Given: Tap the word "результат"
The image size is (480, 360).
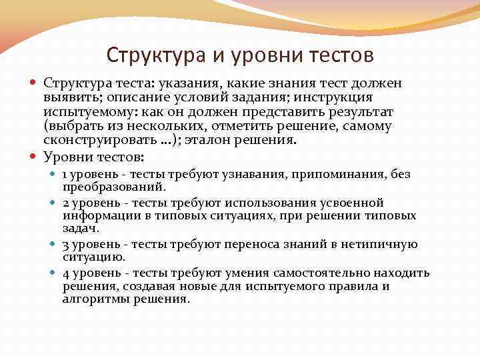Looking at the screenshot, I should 356,113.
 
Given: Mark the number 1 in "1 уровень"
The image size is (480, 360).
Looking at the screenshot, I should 65,174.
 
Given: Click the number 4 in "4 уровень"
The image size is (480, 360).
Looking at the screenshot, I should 65,273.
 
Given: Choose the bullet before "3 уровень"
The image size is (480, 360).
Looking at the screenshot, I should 53,245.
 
